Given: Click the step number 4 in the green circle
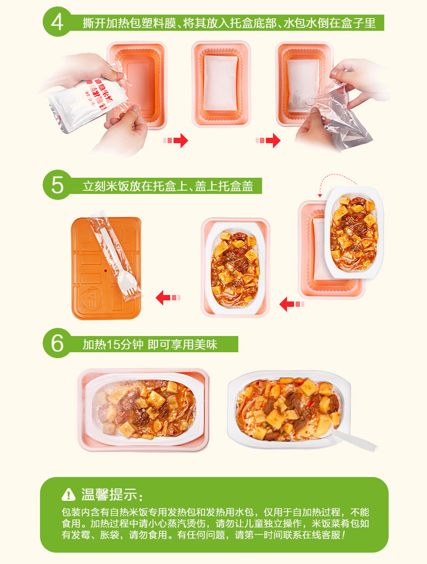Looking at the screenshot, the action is click(57, 22).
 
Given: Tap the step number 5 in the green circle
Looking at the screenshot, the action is click(57, 185).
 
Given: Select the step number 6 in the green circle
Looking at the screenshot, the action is click(57, 344).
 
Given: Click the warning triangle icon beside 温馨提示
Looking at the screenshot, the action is click(68, 494).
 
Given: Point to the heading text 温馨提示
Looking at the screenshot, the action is click(109, 494).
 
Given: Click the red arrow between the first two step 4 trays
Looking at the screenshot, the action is click(176, 140).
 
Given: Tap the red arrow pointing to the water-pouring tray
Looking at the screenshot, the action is click(268, 140).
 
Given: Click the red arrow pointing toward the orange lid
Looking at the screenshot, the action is click(168, 298).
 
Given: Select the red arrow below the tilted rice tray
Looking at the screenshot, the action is click(292, 304).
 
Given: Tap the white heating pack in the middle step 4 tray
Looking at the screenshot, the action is click(221, 83).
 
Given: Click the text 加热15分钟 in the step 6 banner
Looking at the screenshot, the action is click(113, 345).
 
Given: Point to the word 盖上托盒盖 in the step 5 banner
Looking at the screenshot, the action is click(224, 186).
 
